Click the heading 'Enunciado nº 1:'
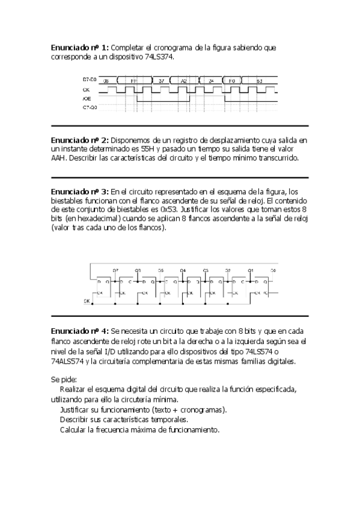point(80,47)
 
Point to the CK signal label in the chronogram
point(86,88)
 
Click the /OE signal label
point(87,97)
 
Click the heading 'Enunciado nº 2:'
point(80,140)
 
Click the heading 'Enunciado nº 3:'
point(80,191)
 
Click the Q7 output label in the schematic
point(115,270)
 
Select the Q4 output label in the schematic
point(183,270)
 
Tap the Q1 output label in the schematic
point(251,270)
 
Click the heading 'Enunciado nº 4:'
point(80,331)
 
